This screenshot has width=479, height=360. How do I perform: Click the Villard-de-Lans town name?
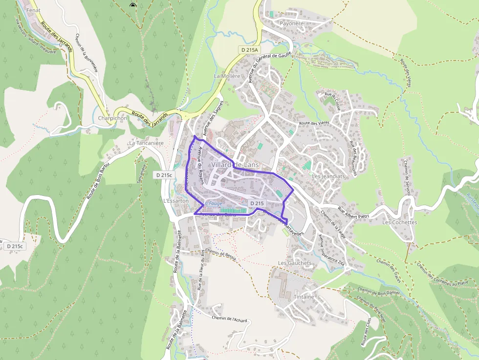tap(235, 165)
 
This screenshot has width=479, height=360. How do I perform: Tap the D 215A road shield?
tap(249, 50)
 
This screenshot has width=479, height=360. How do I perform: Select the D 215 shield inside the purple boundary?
tap(257, 203)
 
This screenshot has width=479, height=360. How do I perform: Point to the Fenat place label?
tap(33, 10)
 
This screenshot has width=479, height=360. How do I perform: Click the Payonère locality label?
tap(291, 23)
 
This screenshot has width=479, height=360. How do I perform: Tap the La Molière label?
tap(227, 76)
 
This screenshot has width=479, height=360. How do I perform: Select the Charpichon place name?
tap(112, 118)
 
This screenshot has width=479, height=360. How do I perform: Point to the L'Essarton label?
tap(175, 201)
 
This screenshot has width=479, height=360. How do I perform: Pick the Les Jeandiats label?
tap(328, 176)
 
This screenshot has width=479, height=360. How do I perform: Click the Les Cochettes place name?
tap(399, 222)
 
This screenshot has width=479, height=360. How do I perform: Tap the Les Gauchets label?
tap(294, 263)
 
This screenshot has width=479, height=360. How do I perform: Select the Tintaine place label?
tap(304, 296)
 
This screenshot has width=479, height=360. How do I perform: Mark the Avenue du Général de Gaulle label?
tap(270, 66)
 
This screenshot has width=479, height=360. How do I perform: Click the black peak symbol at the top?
tap(132, 5)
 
